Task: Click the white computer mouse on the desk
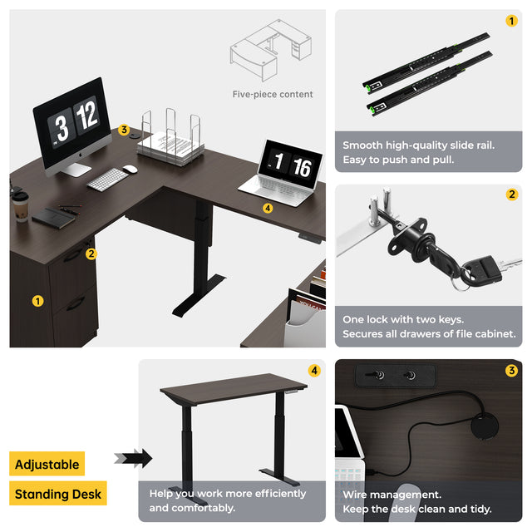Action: [131, 169]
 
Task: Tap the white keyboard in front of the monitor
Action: [107, 180]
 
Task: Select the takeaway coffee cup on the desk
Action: [21, 207]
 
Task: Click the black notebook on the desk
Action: [53, 218]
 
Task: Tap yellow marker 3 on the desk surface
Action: [124, 130]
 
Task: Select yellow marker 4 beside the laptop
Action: [268, 208]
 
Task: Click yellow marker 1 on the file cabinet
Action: [37, 301]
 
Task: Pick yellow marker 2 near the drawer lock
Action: [91, 254]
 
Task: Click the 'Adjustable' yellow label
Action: [47, 464]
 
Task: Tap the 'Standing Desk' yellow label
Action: [58, 493]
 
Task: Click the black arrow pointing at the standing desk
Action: [133, 458]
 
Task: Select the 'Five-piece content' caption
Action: [273, 94]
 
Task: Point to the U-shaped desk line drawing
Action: [271, 50]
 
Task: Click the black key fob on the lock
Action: [487, 269]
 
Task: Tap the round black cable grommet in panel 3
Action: [485, 426]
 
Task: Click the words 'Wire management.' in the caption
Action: [392, 495]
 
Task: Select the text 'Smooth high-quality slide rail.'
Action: [419, 145]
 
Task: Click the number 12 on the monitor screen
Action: [87, 115]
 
